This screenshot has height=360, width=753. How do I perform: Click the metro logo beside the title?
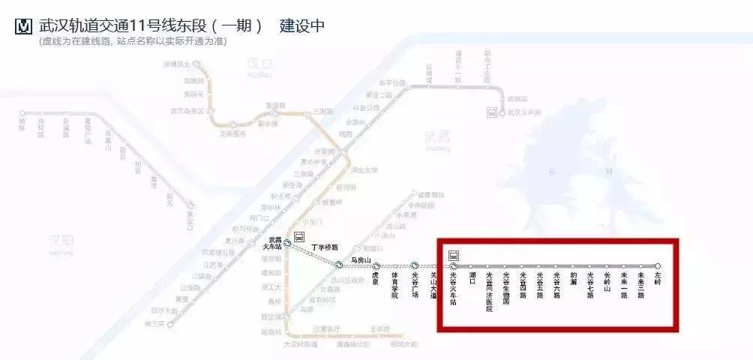point(24,25)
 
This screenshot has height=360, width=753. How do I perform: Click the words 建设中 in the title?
point(302,25)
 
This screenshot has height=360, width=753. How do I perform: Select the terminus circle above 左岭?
point(658,265)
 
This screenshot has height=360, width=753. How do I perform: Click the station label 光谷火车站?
point(453,287)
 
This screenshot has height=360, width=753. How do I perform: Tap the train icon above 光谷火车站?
point(454,255)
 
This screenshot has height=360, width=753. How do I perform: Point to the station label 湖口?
point(472,278)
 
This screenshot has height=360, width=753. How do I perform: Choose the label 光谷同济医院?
point(489,292)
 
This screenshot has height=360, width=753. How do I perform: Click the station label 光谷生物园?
point(506,287)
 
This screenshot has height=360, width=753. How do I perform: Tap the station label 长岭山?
point(607,283)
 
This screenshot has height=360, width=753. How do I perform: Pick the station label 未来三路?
point(640,286)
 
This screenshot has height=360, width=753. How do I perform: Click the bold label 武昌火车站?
point(271,243)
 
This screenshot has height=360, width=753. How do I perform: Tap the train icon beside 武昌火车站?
point(298,238)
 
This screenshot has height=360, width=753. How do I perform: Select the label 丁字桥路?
point(324,247)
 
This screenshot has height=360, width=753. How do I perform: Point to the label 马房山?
point(361,260)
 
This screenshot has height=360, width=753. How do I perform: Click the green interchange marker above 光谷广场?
point(414,265)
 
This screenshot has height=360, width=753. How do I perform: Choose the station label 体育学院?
point(395,286)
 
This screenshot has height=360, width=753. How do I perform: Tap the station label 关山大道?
point(433,286)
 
